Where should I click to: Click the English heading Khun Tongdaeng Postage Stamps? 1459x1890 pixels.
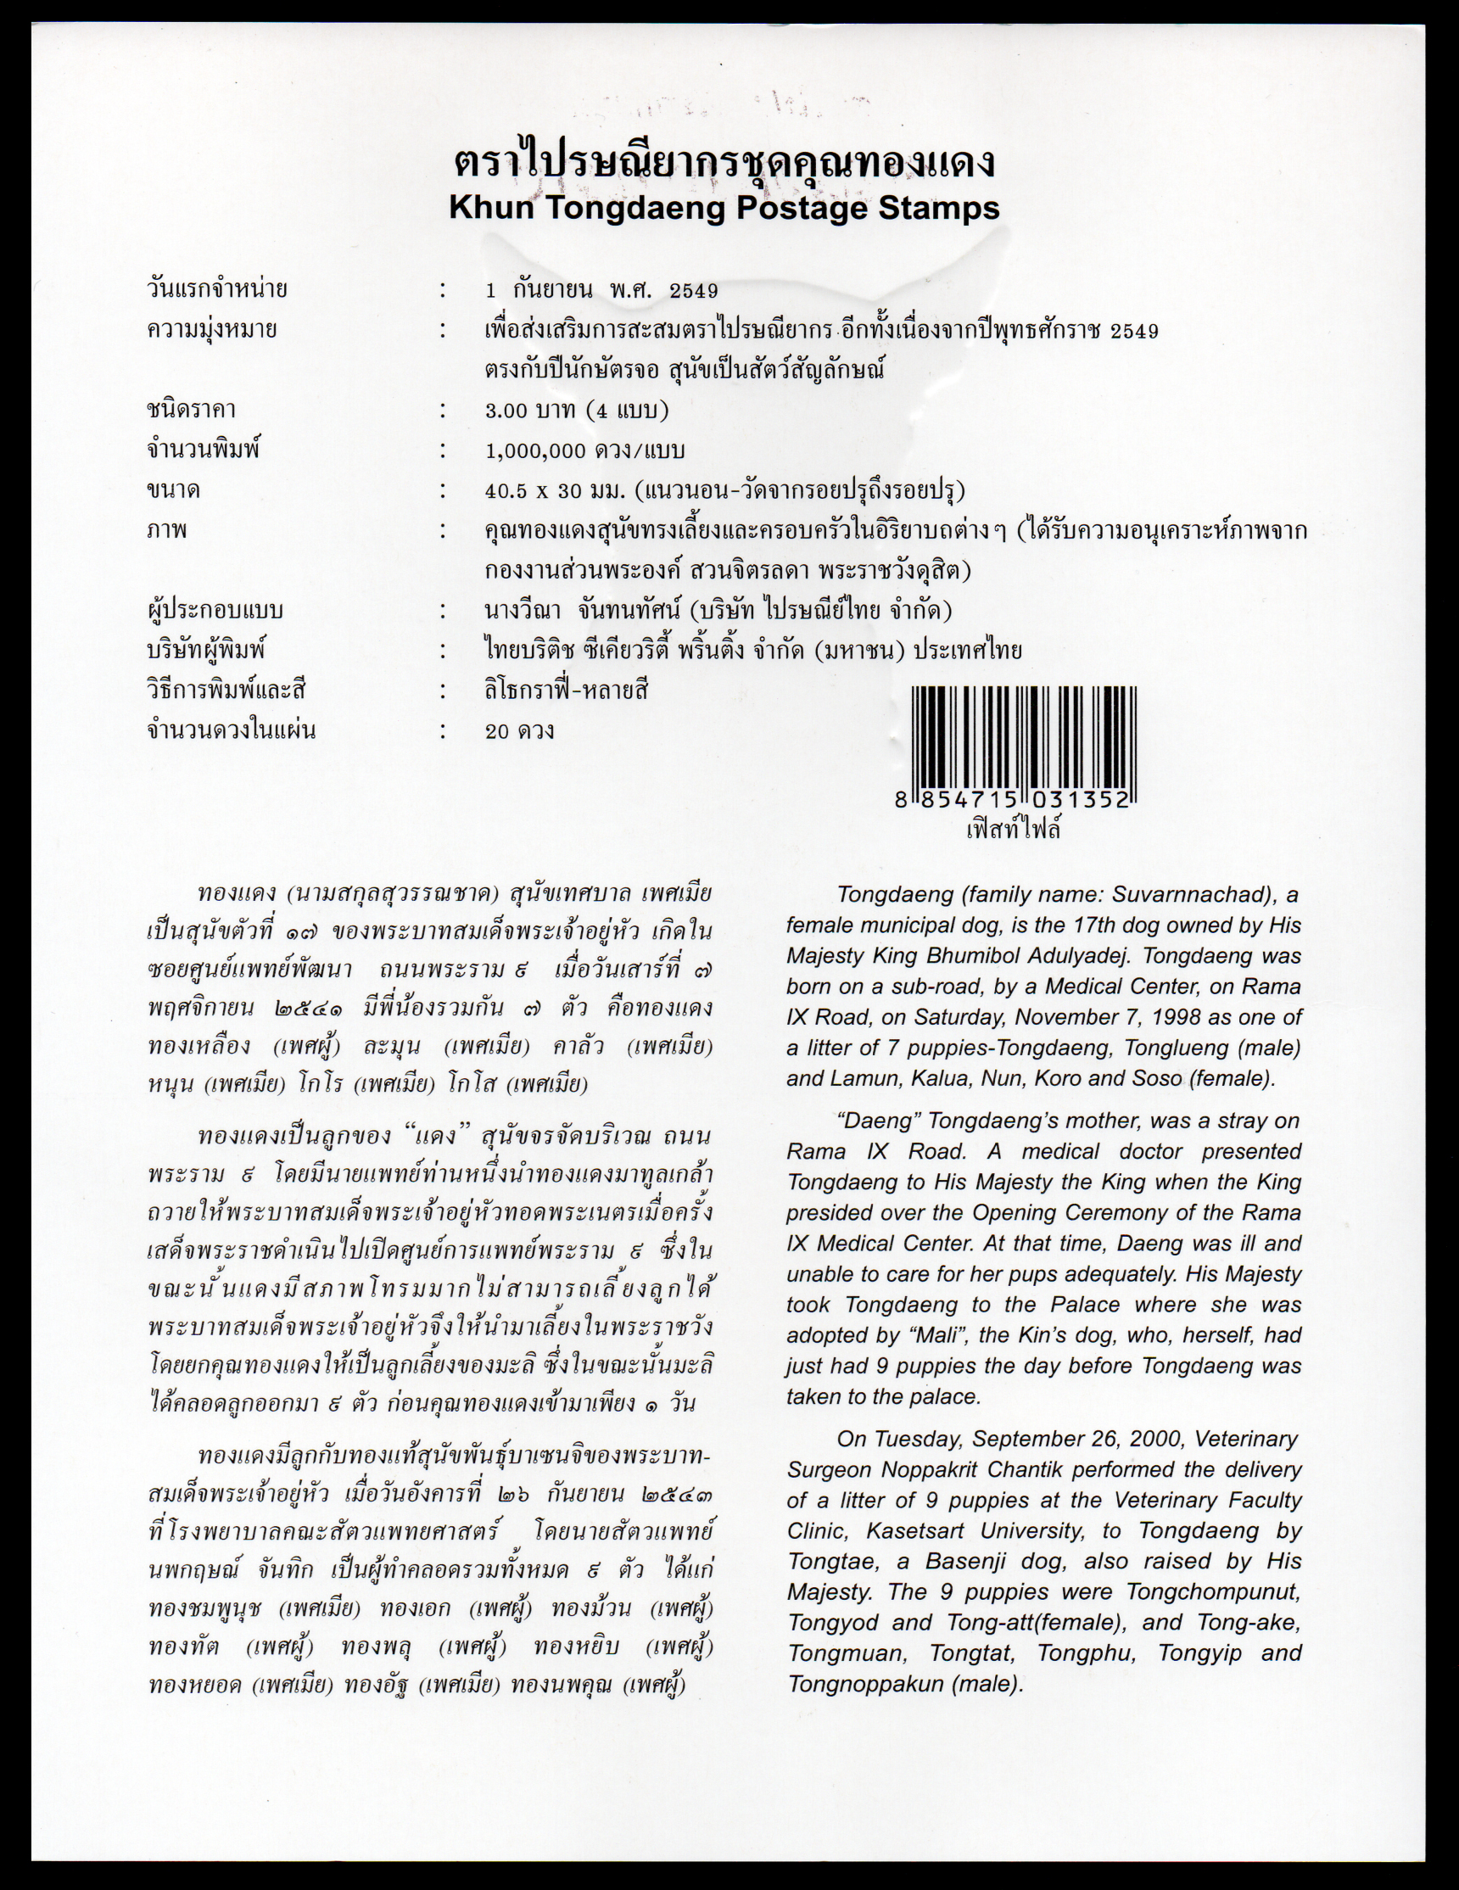(x=724, y=209)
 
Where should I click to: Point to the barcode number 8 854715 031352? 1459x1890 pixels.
(x=1013, y=801)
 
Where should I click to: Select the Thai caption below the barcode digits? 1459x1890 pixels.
(x=1013, y=830)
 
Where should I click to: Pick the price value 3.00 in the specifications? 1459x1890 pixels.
(x=506, y=411)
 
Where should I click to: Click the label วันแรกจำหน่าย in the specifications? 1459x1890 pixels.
(x=217, y=290)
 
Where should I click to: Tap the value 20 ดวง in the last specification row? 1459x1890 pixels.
(x=519, y=731)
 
